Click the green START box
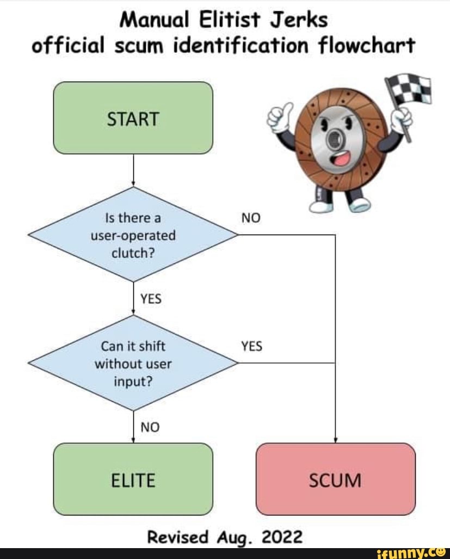tap(133, 118)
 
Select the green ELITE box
tap(133, 479)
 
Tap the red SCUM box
tap(335, 479)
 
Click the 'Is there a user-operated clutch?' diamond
tap(133, 235)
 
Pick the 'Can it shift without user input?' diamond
tap(133, 363)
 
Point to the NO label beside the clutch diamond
tap(251, 218)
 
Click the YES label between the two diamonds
tap(151, 299)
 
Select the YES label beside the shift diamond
tap(251, 346)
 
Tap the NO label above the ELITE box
tap(150, 427)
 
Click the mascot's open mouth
tap(341, 159)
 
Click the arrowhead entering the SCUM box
tap(335, 440)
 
